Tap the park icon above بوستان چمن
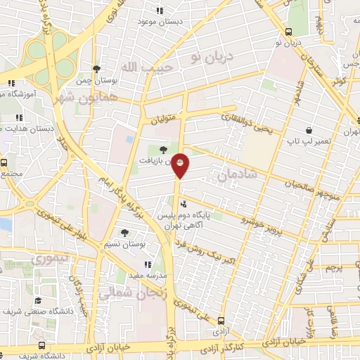click(96, 69)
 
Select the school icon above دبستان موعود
click(160, 11)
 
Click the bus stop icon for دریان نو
click(289, 31)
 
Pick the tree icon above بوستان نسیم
click(124, 233)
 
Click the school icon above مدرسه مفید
click(148, 264)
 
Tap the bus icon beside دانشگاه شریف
click(42, 346)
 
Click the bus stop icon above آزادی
click(221, 320)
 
